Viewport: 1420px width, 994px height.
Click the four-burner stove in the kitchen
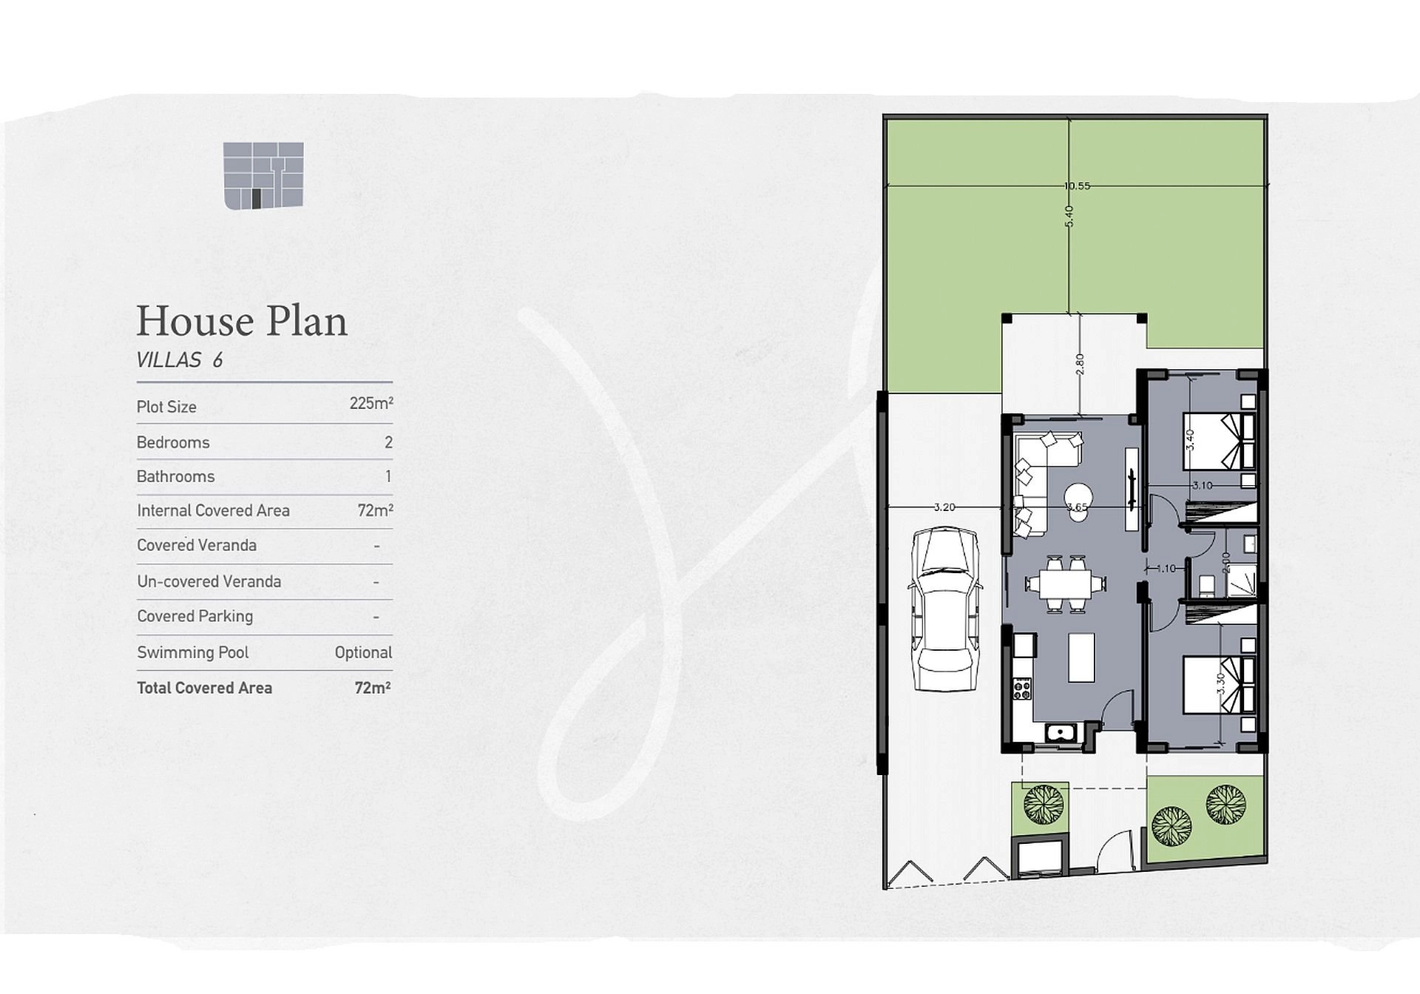(1023, 689)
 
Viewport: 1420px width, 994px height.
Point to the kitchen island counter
(1082, 657)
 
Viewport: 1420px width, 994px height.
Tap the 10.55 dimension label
(1077, 186)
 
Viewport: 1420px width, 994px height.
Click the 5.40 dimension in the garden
(1069, 216)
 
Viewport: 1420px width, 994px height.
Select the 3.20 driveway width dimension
(944, 507)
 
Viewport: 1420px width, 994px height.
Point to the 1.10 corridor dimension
(1166, 569)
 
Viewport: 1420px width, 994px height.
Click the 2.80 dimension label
(1080, 364)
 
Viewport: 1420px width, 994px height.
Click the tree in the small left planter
(1044, 804)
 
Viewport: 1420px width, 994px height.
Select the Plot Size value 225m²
(371, 404)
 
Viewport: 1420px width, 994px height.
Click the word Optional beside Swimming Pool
(363, 653)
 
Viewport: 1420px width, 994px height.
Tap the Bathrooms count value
(388, 476)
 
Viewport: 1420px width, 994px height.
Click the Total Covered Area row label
(205, 688)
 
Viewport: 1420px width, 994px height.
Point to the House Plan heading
(242, 321)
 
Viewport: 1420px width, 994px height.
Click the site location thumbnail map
(263, 175)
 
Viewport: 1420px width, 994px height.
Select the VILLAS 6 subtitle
(180, 360)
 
